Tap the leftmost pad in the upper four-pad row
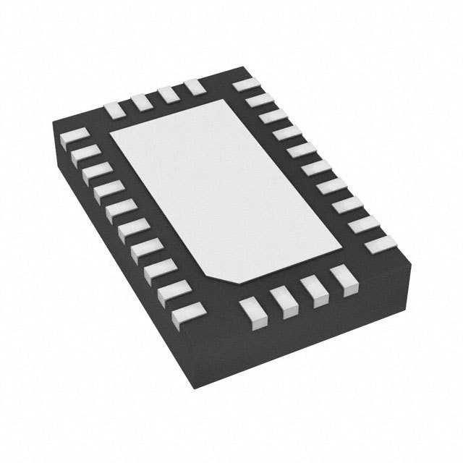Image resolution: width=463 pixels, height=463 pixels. tap(114, 109)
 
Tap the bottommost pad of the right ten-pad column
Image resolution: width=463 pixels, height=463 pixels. tap(378, 245)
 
